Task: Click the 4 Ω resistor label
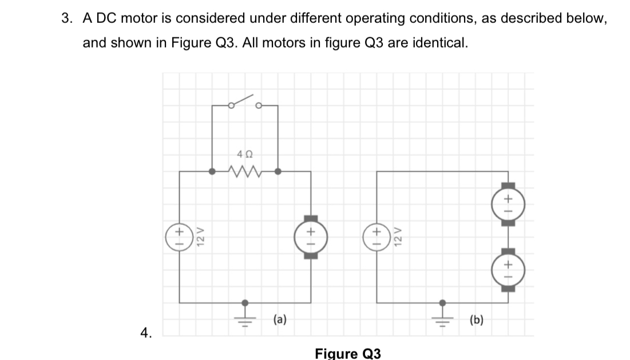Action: coord(244,154)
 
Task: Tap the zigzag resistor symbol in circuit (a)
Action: coord(244,171)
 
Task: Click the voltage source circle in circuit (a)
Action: coord(179,235)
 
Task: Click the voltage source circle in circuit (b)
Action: coord(377,235)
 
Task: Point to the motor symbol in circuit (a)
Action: coord(311,236)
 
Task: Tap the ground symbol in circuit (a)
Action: coord(245,313)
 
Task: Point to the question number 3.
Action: coord(67,18)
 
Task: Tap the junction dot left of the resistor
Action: coord(212,171)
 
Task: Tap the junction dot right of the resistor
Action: coord(278,171)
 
